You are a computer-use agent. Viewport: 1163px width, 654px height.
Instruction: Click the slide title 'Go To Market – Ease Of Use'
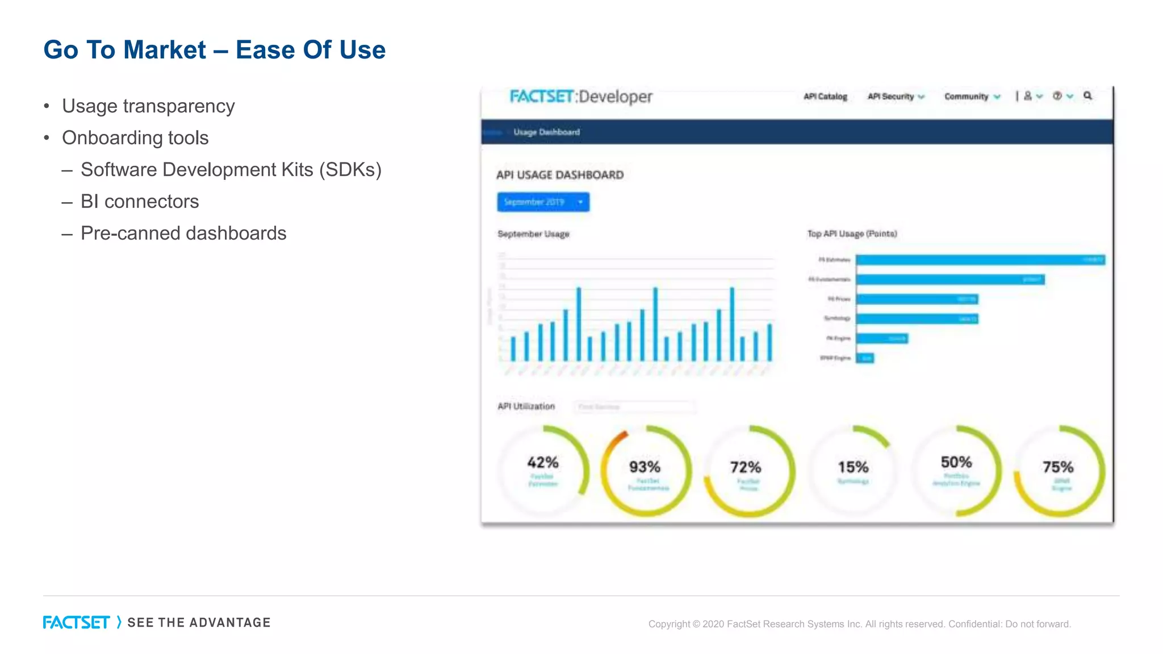[214, 50]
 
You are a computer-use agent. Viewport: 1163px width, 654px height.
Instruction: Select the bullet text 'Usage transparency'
[148, 106]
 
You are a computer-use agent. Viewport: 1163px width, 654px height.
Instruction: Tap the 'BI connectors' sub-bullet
[139, 202]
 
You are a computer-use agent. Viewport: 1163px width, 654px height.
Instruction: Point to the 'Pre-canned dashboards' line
[183, 233]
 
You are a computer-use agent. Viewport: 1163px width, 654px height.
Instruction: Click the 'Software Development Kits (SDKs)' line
[231, 170]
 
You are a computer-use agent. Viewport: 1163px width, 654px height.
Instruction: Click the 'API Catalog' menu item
[825, 97]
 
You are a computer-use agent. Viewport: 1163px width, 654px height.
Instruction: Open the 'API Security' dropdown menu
[896, 97]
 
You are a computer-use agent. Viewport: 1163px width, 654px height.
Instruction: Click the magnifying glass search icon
[1087, 96]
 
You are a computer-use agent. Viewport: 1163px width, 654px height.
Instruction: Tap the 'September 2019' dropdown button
[543, 202]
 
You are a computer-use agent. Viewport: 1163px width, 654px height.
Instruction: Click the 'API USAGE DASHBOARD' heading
[559, 175]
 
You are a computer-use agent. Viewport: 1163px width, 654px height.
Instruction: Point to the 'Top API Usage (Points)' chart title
[852, 234]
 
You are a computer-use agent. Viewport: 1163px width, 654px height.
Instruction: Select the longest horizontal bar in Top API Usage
[980, 260]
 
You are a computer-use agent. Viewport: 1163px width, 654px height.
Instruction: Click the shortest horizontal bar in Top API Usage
[865, 358]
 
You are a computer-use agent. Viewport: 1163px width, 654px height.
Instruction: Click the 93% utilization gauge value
[645, 467]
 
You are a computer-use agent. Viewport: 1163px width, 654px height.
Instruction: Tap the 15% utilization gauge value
[853, 467]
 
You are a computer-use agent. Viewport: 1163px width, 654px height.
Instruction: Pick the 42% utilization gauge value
[542, 463]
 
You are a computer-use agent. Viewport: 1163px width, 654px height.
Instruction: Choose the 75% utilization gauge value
[1058, 467]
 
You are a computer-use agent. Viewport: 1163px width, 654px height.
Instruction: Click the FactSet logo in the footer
[76, 623]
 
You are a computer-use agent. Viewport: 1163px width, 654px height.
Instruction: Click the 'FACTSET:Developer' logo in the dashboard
[580, 97]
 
